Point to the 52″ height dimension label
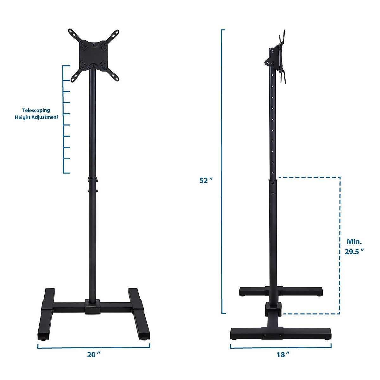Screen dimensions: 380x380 pos(206,180)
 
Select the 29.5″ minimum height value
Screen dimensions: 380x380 pos(354,252)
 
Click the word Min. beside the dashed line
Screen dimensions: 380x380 pos(354,241)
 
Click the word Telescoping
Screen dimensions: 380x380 pos(36,110)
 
